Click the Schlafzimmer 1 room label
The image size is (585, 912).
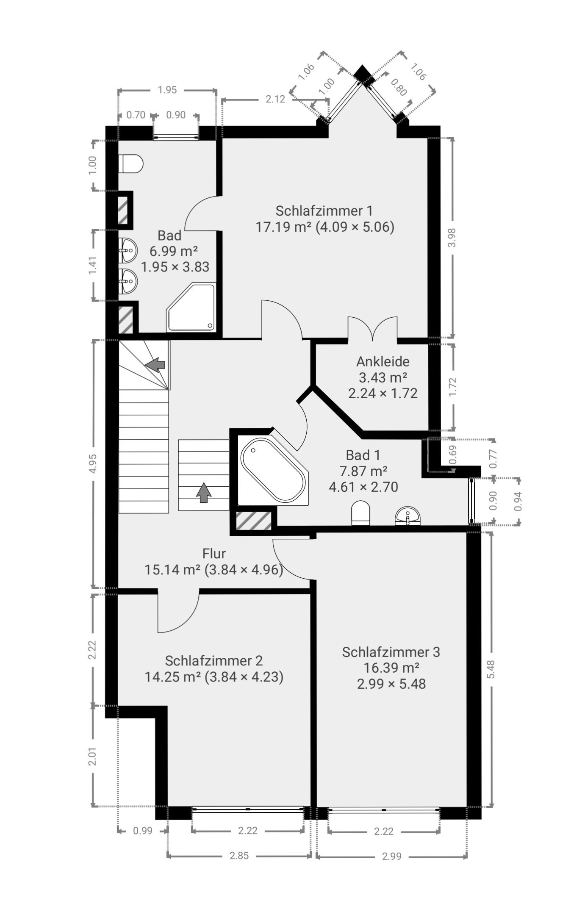pyautogui.click(x=324, y=211)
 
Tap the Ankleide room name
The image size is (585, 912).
pyautogui.click(x=383, y=362)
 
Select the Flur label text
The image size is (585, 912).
pyautogui.click(x=214, y=554)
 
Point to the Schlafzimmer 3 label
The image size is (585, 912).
pyautogui.click(x=391, y=652)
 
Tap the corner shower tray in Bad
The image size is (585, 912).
pyautogui.click(x=191, y=307)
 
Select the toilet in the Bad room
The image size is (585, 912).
pyautogui.click(x=131, y=164)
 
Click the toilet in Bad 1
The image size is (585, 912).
pyautogui.click(x=360, y=513)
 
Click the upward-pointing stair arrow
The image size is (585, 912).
pyautogui.click(x=204, y=493)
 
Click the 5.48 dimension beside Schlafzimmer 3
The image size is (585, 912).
pyautogui.click(x=491, y=669)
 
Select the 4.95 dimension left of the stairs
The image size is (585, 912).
pyautogui.click(x=93, y=463)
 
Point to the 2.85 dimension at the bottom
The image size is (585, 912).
pyautogui.click(x=239, y=856)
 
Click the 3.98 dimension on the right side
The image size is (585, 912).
pyautogui.click(x=452, y=238)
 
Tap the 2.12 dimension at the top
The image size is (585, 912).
pyautogui.click(x=275, y=99)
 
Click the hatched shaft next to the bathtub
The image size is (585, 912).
pyautogui.click(x=254, y=521)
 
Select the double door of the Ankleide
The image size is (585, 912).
pyautogui.click(x=373, y=328)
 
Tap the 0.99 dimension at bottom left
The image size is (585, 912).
pyautogui.click(x=143, y=831)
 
